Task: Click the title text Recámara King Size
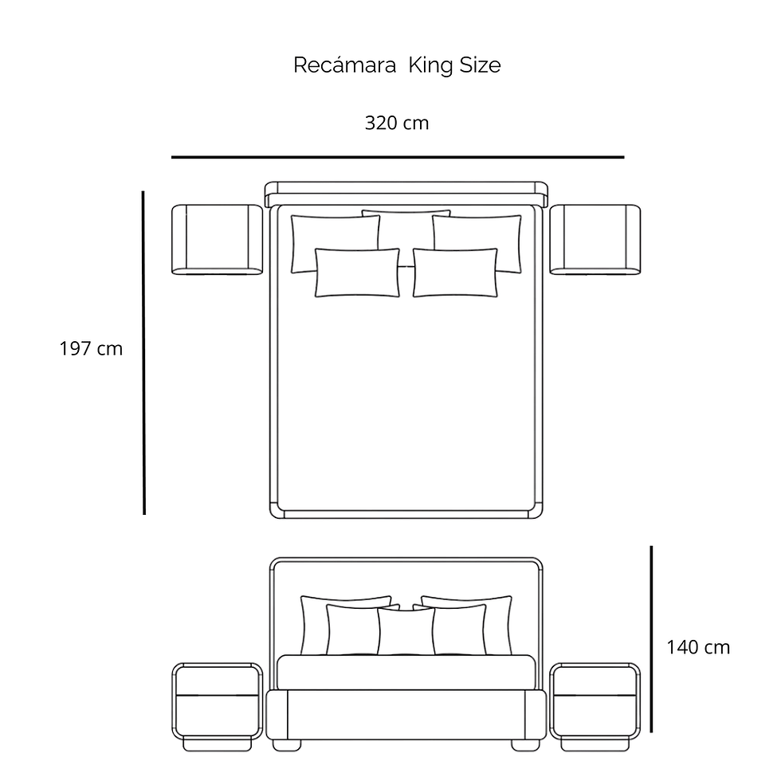(397, 65)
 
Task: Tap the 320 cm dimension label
(397, 123)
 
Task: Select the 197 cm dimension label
(91, 349)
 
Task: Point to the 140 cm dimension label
(698, 647)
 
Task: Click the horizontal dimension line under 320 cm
(398, 157)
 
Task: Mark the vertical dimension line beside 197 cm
(143, 352)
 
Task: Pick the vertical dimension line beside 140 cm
(651, 639)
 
